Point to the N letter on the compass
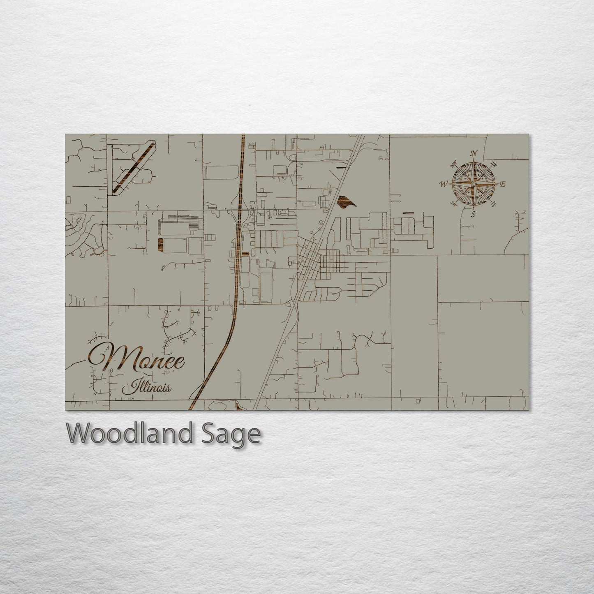(x=474, y=153)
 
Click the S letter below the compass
(x=473, y=215)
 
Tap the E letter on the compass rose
(x=503, y=184)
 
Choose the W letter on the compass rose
(x=444, y=184)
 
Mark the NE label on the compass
(x=494, y=164)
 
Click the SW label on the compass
(x=454, y=203)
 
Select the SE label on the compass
(x=493, y=203)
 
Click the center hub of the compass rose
(x=474, y=184)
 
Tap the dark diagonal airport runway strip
(x=134, y=167)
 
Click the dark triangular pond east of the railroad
(x=345, y=201)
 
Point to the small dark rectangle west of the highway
(x=159, y=244)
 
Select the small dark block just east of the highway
(x=245, y=254)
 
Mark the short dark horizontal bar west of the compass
(x=409, y=213)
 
